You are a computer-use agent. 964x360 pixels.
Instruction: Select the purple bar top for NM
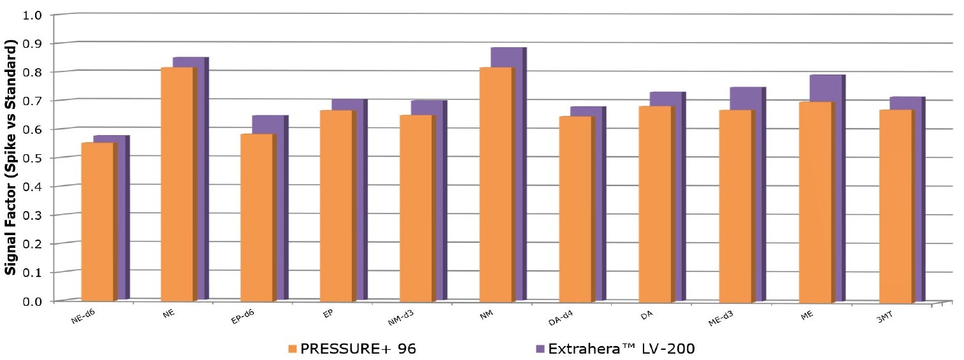click(507, 57)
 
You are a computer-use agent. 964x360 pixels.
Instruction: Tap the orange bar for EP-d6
click(257, 217)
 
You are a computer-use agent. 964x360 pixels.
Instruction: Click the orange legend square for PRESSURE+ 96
click(292, 349)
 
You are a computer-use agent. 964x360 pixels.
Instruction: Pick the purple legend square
click(540, 349)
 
